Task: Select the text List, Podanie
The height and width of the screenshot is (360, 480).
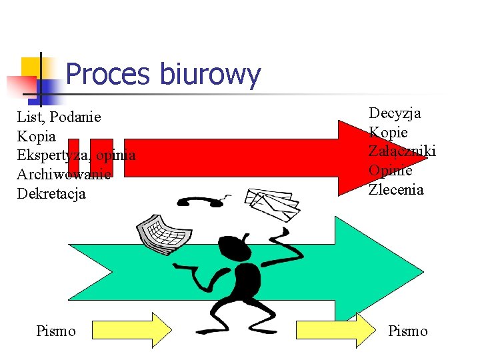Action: point(59,117)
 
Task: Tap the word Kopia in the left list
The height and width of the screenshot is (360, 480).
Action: point(37,137)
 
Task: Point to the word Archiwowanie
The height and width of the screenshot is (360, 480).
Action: point(63,175)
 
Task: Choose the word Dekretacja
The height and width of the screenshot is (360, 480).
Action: point(51,194)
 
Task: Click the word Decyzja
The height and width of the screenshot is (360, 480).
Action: point(395,113)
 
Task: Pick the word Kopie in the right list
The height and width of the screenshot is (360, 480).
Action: point(388,132)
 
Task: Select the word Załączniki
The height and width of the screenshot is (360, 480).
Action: point(402,151)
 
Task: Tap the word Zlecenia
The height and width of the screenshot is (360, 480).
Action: point(396,190)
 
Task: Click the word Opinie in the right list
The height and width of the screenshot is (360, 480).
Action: point(391,171)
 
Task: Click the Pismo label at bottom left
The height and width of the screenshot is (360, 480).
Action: point(56,331)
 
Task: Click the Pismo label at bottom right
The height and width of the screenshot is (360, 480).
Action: point(407,331)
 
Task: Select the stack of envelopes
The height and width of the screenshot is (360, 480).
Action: point(271,203)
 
